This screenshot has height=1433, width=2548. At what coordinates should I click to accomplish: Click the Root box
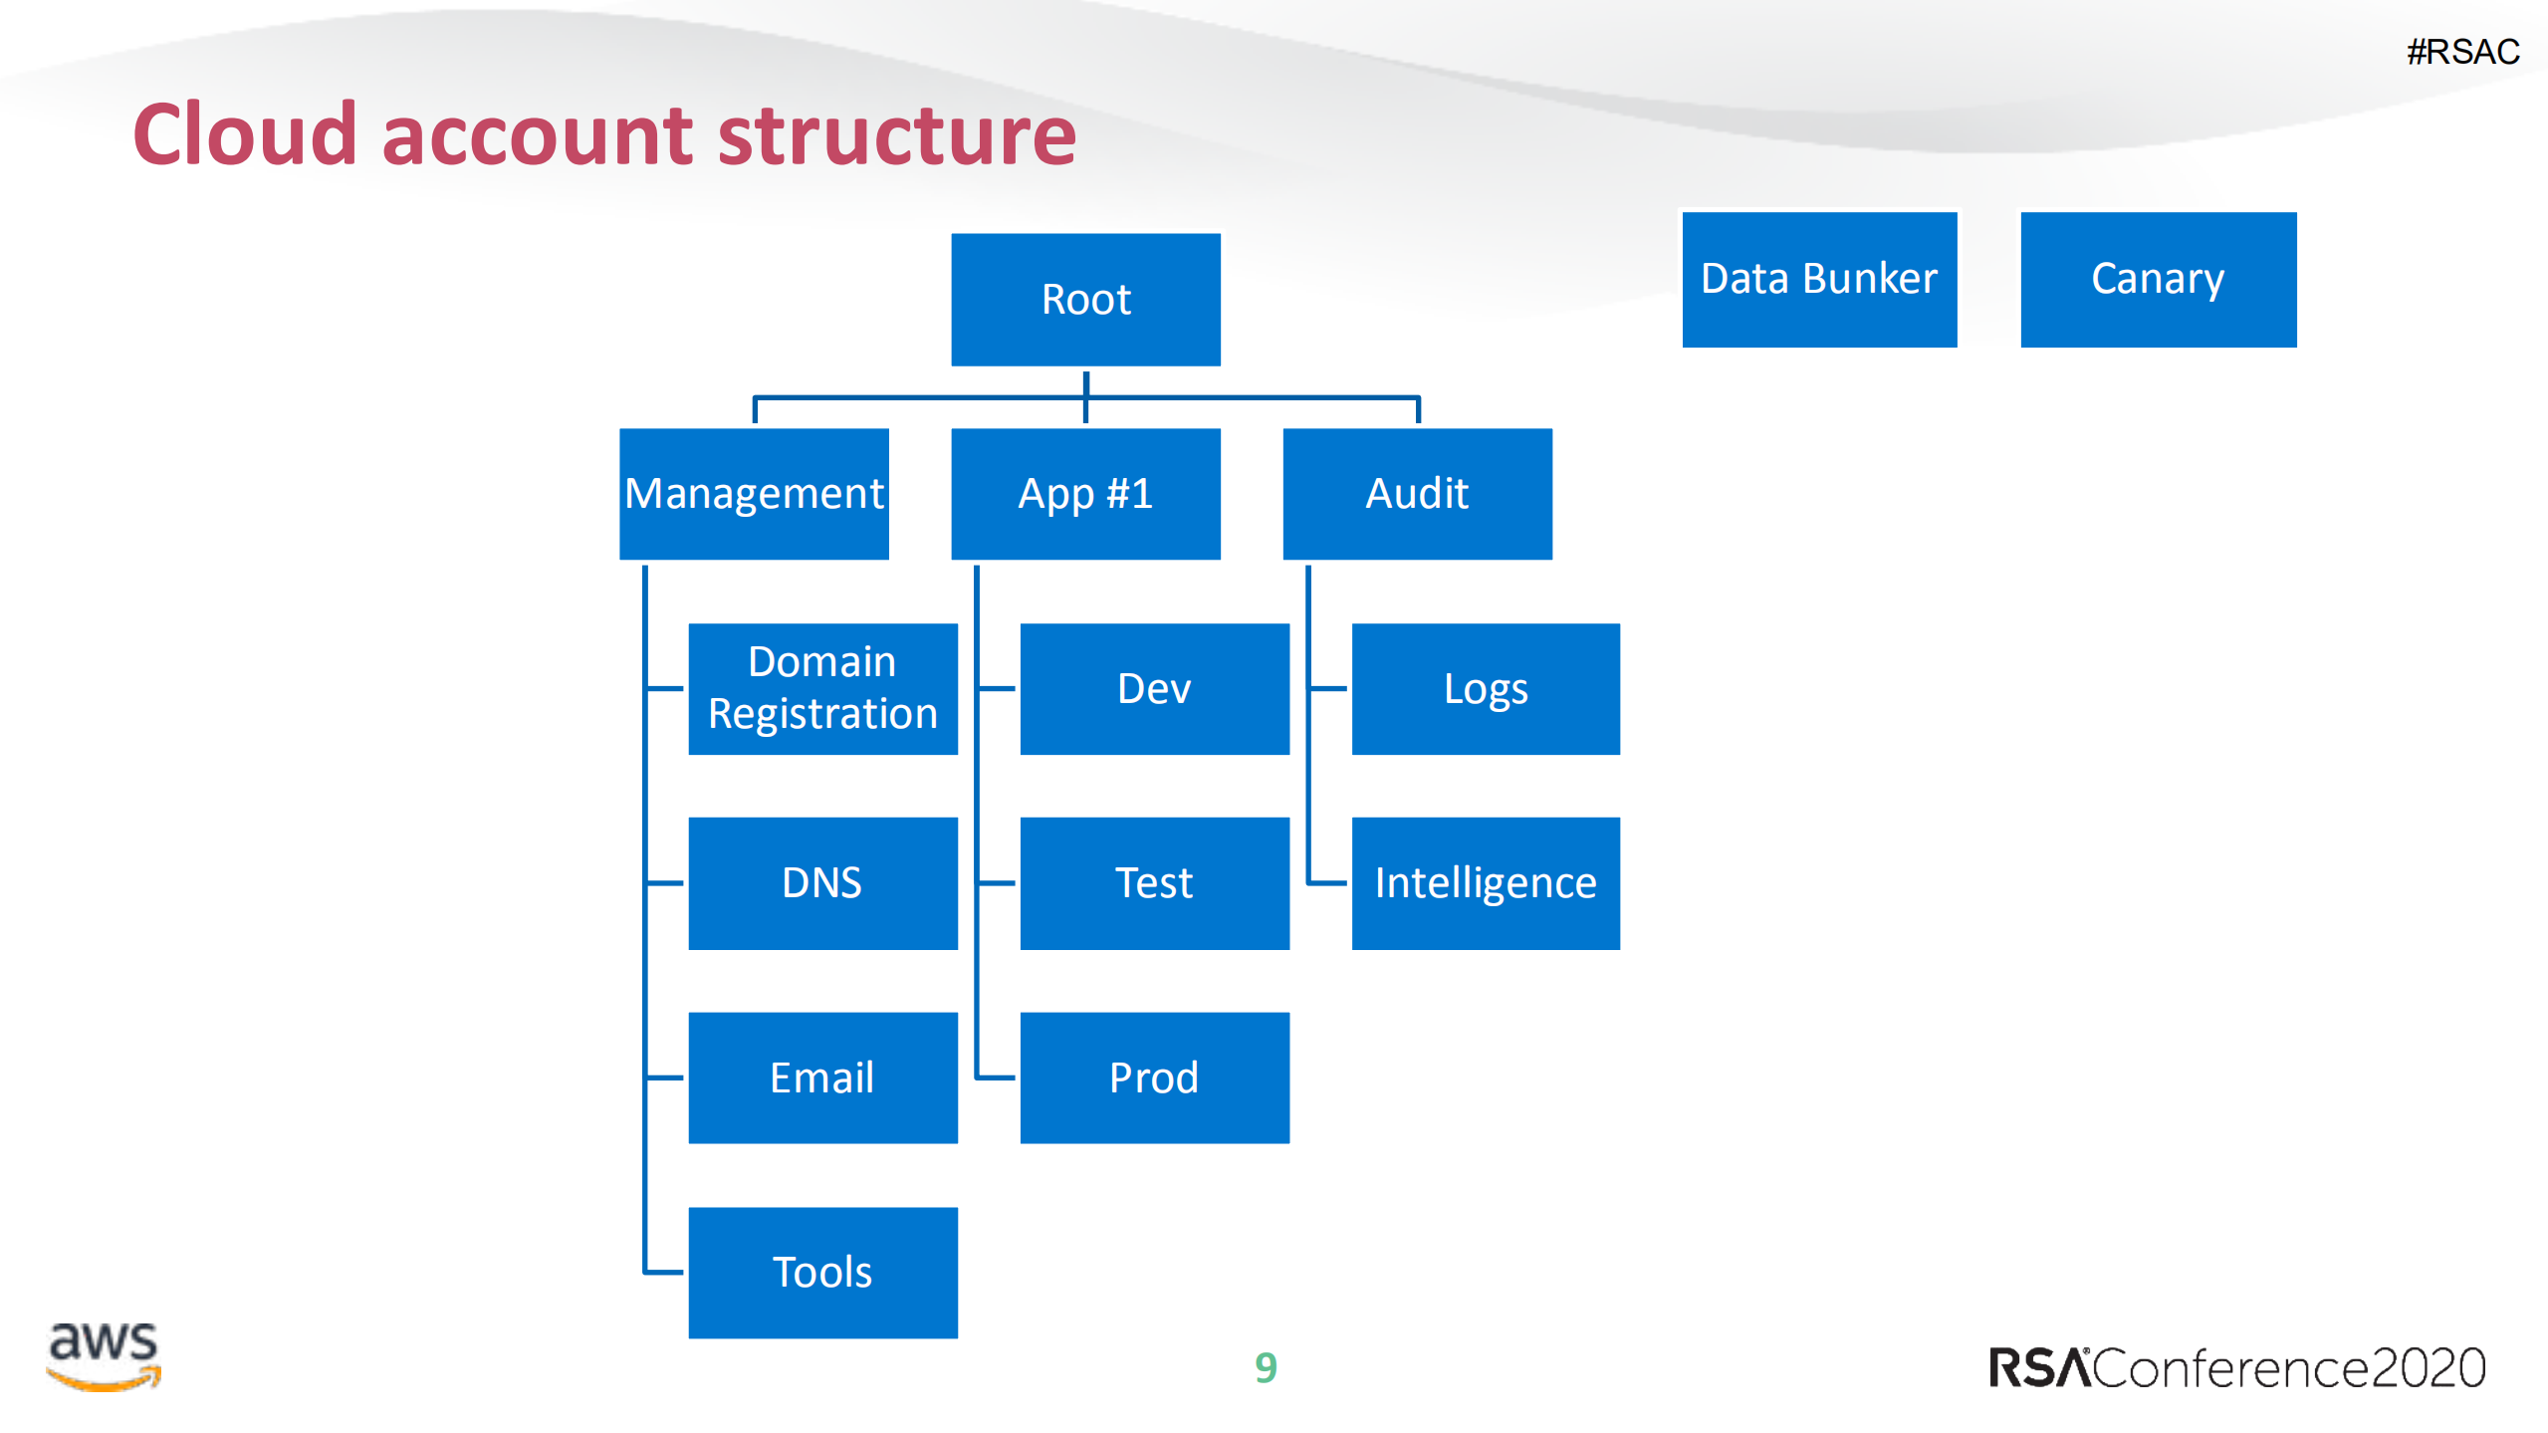(1085, 299)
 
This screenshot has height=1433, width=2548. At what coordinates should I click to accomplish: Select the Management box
(754, 494)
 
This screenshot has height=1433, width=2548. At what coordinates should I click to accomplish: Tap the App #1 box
(1085, 494)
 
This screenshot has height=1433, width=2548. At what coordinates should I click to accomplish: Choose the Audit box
(1417, 494)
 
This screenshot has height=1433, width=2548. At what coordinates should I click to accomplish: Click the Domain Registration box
(822, 688)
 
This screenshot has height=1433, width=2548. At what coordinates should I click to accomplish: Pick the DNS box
(822, 883)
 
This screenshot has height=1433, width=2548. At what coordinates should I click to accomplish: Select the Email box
(822, 1077)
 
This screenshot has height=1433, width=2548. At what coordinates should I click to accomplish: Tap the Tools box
(822, 1272)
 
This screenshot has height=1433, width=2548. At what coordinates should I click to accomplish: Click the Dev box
(1154, 688)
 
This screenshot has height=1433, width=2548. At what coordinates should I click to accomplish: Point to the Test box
(1154, 883)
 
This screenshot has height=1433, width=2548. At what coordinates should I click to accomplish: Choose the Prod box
(1154, 1077)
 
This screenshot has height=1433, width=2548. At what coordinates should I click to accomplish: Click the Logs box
(1486, 688)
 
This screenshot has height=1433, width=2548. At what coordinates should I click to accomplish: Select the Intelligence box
(1486, 883)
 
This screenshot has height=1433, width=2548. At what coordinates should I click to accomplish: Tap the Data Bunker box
(1819, 279)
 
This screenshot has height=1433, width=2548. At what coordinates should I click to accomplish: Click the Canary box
(2158, 279)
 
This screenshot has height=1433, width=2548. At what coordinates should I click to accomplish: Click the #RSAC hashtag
(2462, 52)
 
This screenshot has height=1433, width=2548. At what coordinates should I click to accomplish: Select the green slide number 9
(1266, 1368)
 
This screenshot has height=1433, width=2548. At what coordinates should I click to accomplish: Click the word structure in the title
(896, 135)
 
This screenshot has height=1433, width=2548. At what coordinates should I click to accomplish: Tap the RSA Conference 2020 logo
(2236, 1368)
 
